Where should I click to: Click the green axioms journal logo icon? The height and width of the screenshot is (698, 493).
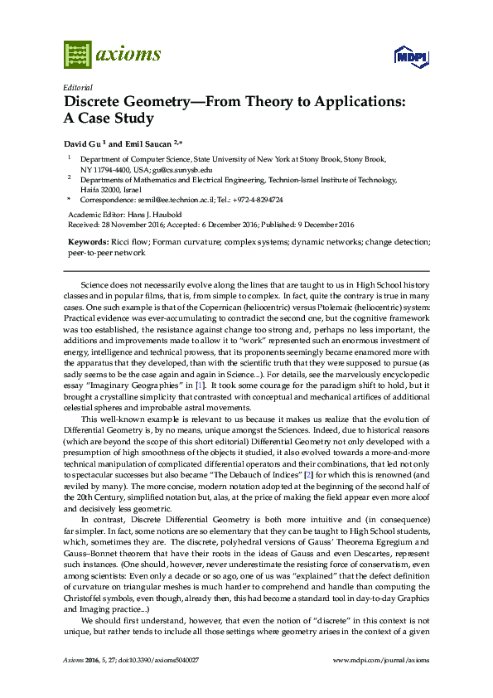[77, 55]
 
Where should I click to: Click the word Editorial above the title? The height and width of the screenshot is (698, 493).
[77, 88]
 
